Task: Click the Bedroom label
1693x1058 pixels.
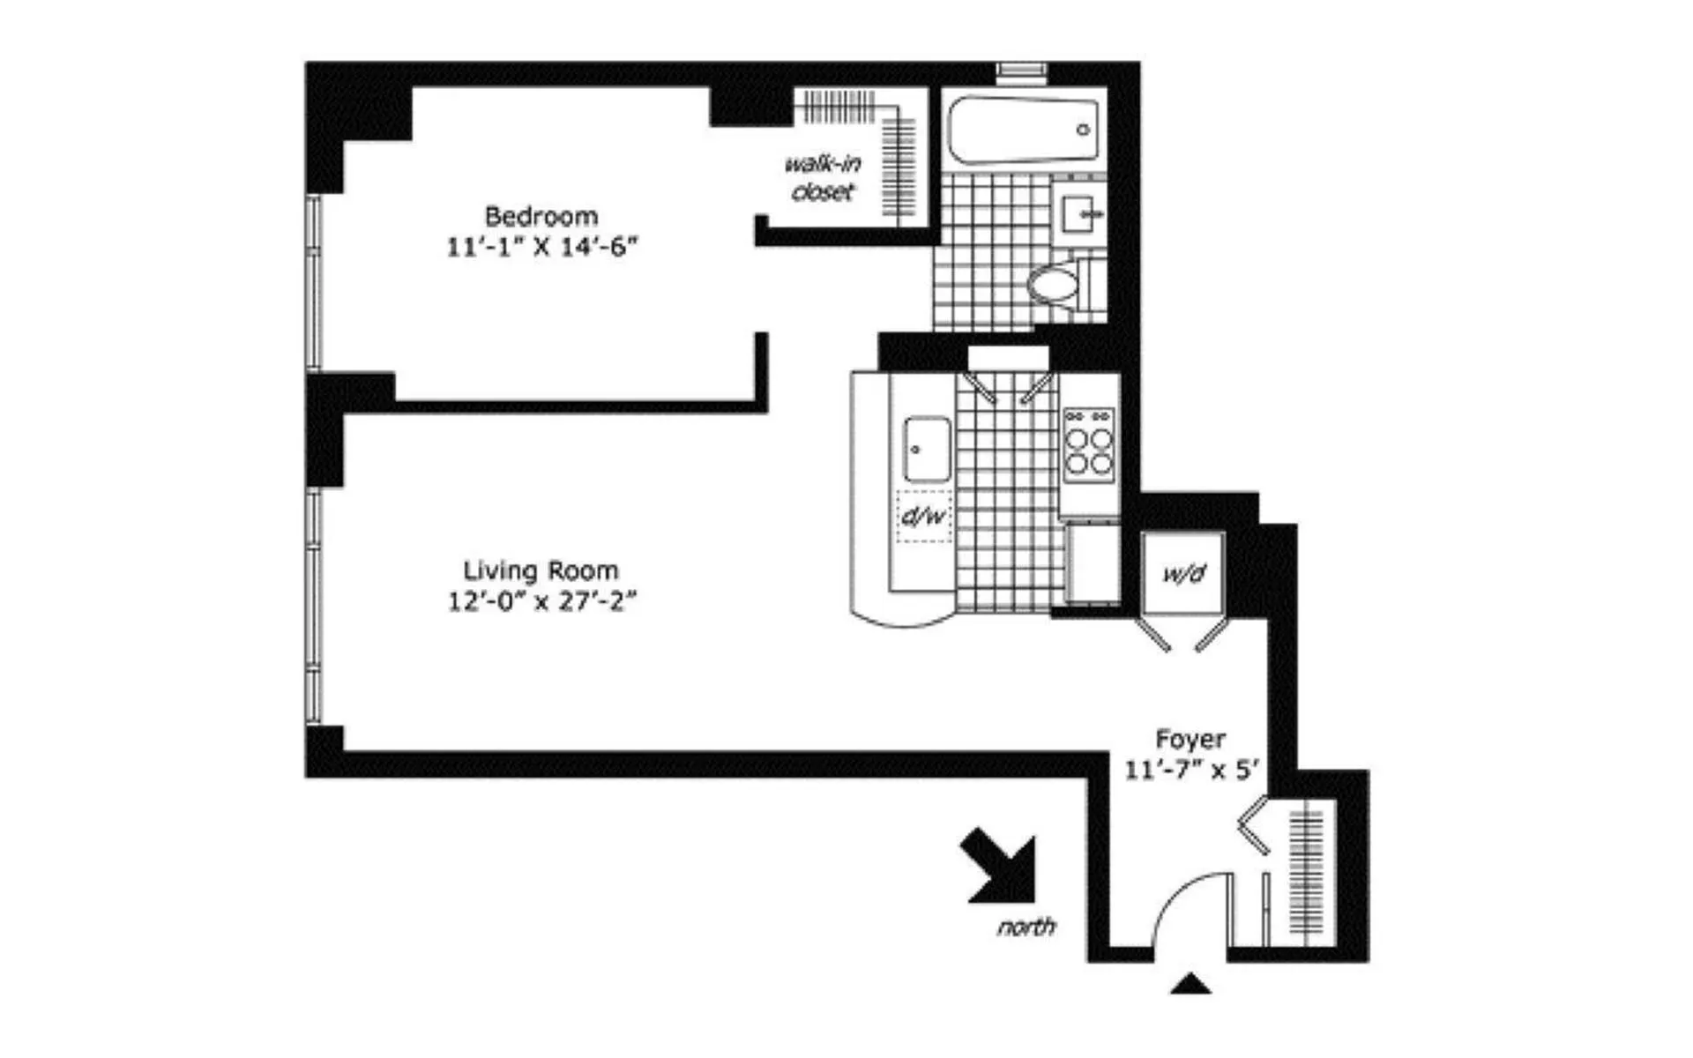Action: tap(541, 216)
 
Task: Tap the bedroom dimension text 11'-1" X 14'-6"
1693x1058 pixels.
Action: tap(541, 246)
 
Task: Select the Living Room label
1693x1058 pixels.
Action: tap(541, 570)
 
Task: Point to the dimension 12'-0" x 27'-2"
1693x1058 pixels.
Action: tap(541, 601)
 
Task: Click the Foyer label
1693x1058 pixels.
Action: tap(1190, 739)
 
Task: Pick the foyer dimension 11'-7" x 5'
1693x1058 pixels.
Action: tap(1190, 770)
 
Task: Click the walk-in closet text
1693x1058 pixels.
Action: tap(823, 177)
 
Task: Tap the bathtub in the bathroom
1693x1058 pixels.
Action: tap(1023, 130)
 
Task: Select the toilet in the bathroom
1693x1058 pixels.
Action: tap(1054, 285)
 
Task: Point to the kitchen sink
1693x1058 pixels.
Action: tap(927, 449)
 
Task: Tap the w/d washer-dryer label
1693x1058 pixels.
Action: tap(1182, 575)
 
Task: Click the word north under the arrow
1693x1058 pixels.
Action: tap(1026, 927)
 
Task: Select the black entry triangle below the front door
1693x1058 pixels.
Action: tap(1190, 984)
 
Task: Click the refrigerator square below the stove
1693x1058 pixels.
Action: tap(1092, 563)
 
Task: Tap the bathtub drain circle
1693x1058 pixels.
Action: tap(1083, 130)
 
